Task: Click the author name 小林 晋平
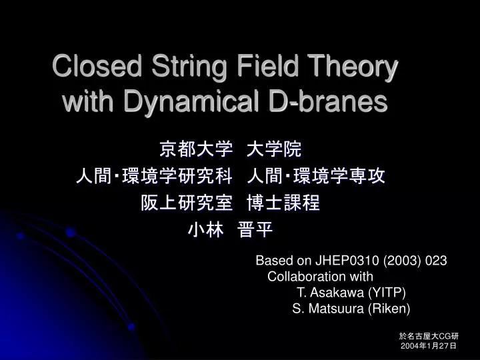[229, 230]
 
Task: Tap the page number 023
[435, 261]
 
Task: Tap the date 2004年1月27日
[429, 347]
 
